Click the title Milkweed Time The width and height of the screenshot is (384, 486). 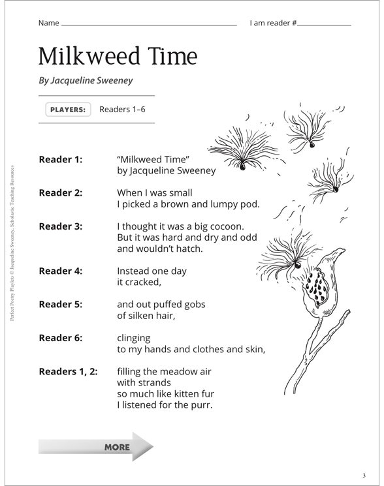coord(118,57)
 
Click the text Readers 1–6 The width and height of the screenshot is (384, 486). coord(122,110)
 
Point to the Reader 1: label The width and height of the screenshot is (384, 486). coord(61,160)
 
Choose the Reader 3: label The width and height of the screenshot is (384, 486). coord(61,227)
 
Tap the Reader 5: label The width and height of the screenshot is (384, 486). coord(61,304)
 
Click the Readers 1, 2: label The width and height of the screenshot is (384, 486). coord(68,372)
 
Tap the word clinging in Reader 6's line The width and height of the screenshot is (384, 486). coord(133,339)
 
